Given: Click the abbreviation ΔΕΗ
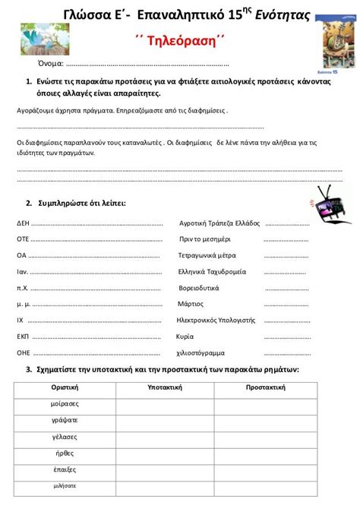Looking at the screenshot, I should [23, 224].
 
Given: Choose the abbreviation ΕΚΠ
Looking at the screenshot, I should [23, 336].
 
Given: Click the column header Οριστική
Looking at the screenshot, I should [65, 387].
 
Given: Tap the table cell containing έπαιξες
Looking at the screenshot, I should [65, 469].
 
